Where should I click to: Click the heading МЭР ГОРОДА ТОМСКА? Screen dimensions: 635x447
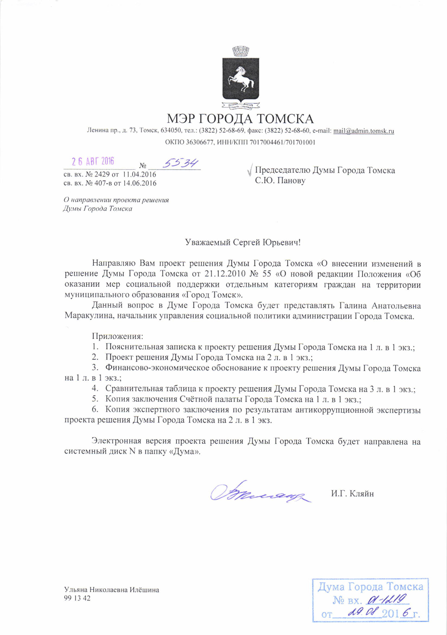[x=240, y=119]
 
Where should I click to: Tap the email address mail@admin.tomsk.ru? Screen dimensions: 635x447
[x=363, y=131]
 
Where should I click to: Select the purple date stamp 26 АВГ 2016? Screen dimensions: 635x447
[x=93, y=162]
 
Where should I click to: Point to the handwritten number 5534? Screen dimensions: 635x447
[x=180, y=163]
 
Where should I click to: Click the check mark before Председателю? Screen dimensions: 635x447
[x=249, y=171]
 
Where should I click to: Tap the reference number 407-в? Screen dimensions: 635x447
[x=100, y=183]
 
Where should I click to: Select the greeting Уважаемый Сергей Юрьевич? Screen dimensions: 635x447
[x=243, y=243]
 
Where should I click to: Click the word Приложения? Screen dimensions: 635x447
[x=117, y=336]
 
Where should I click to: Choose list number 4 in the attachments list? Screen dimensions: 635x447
[x=95, y=389]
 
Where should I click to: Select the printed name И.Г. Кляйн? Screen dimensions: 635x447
[x=352, y=494]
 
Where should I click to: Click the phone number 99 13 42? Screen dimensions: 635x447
[x=77, y=598]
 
